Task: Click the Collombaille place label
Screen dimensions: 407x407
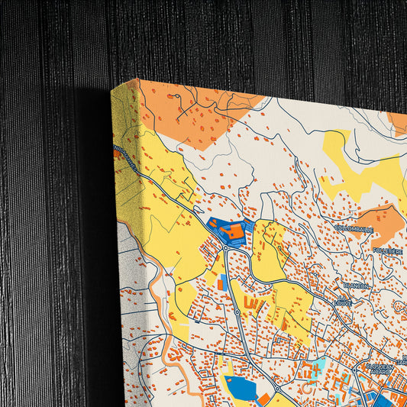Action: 353,228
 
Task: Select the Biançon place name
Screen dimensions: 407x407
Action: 357,286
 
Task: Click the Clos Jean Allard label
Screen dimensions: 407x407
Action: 380,369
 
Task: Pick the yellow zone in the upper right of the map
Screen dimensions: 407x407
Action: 359,168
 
